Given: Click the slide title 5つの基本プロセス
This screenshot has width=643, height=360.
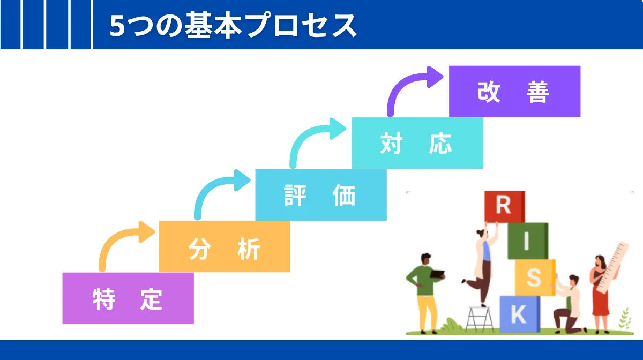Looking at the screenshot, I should (233, 25).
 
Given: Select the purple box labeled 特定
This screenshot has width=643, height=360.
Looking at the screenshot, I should (128, 298).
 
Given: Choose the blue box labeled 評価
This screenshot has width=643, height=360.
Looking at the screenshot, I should (320, 195).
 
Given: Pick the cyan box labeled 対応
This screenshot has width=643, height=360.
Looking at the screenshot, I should (417, 143).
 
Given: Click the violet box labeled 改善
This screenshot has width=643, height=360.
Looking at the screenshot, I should (514, 91).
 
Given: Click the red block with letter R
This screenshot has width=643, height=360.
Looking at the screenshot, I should (504, 207).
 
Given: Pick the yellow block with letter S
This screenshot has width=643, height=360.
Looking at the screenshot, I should (534, 277).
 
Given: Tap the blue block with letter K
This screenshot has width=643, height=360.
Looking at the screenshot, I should (519, 314).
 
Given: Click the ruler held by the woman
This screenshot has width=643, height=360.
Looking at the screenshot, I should (614, 268).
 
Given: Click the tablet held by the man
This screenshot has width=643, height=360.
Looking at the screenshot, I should (438, 274).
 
